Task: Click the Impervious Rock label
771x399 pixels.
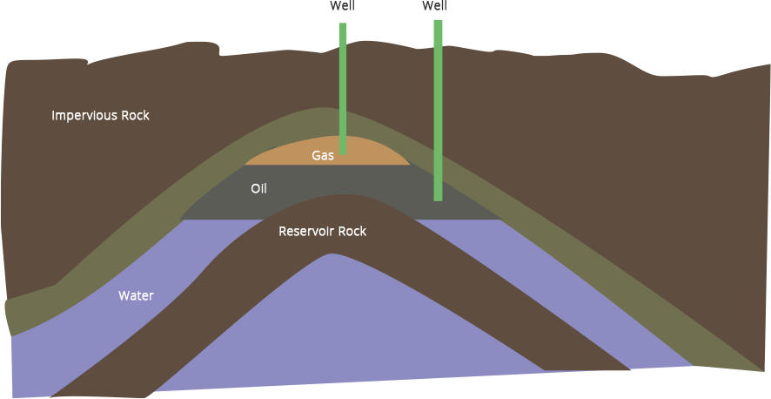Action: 100,116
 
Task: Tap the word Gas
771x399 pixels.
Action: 323,156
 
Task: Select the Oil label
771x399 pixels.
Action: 258,189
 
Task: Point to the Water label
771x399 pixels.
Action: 136,296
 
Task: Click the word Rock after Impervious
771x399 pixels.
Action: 135,116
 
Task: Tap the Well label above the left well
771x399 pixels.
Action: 343,6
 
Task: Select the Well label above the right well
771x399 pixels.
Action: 434,6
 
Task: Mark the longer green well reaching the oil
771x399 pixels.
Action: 439,105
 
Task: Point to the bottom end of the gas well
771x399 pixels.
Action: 343,152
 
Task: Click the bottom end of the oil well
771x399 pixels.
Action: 439,199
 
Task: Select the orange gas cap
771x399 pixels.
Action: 365,152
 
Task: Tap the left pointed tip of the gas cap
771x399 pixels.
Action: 245,164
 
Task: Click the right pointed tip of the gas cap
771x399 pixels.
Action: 410,164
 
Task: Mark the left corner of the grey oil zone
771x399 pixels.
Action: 181,219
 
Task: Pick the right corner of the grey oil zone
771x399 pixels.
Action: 503,219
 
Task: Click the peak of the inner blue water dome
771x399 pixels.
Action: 332,255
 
